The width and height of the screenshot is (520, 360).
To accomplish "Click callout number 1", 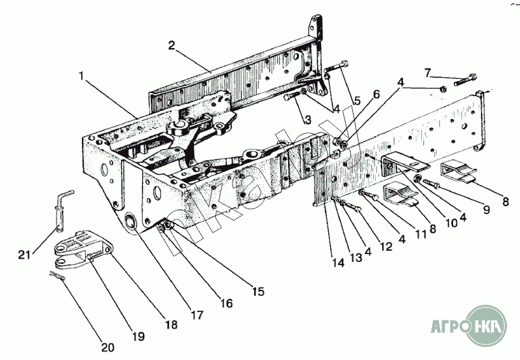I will click(82, 75).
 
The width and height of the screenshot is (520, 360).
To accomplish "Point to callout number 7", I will click(427, 71).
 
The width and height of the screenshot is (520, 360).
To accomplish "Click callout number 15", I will click(258, 292).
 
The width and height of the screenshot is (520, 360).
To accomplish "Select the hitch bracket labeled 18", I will click(78, 250).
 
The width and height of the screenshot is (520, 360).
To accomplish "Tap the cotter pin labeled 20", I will click(56, 276).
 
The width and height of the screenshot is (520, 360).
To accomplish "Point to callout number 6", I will click(376, 95).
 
